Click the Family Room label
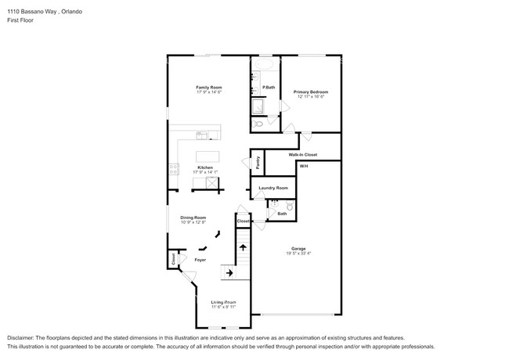tap(209, 87)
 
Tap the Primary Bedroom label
tap(310, 92)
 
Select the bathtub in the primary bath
tap(265, 64)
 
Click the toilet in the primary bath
tap(259, 124)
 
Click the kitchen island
tap(208, 157)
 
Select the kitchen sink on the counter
tap(202, 135)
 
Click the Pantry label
tap(258, 163)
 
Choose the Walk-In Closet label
tap(302, 156)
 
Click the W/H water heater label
tap(304, 167)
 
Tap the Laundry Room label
tap(273, 188)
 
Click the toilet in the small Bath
tap(289, 207)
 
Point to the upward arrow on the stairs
tap(243, 248)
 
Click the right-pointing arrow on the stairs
tap(229, 272)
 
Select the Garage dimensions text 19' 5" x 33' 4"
tap(299, 254)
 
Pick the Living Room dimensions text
tap(223, 307)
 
